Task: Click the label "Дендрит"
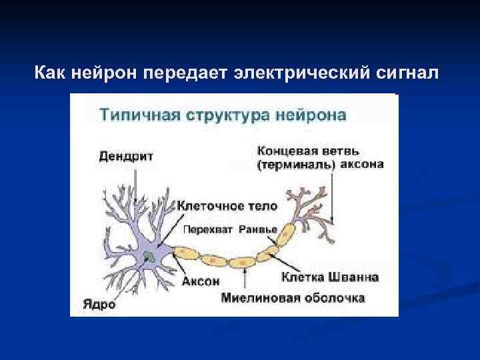coord(126,157)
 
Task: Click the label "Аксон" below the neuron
coord(201,281)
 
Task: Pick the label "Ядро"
coord(99,305)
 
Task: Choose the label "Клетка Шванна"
coord(330,276)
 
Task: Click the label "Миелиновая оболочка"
coord(294,297)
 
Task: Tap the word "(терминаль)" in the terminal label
coord(295,165)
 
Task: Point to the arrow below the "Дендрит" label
coord(136,183)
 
